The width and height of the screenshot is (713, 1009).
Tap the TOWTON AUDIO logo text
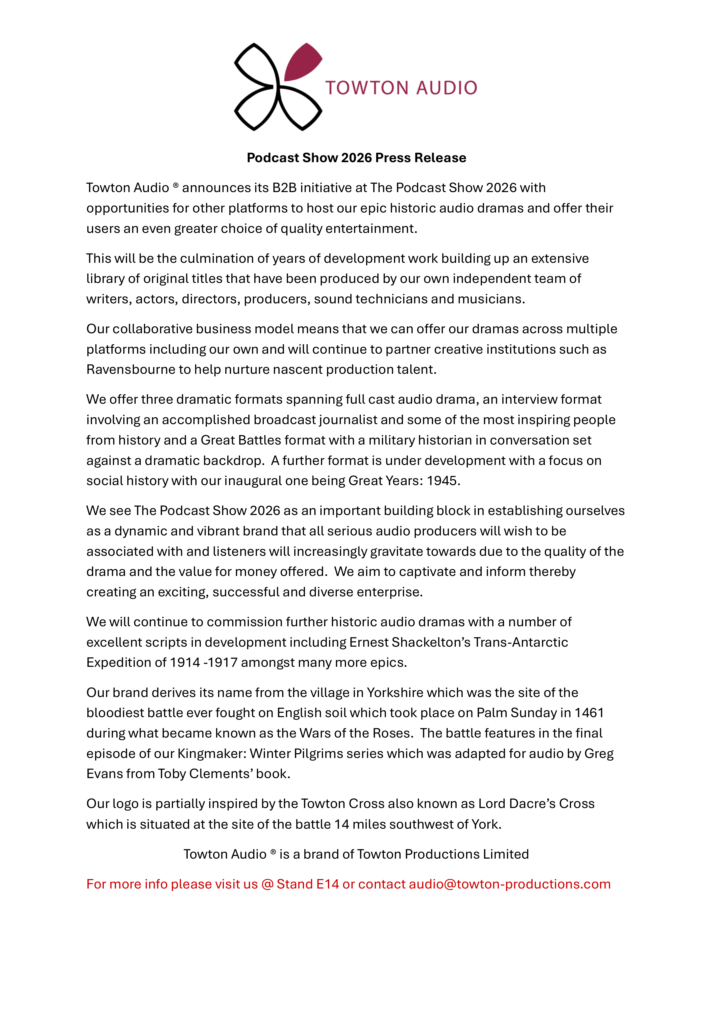click(401, 88)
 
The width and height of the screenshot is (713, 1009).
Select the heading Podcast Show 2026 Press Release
click(356, 158)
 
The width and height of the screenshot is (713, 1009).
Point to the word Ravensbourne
click(130, 369)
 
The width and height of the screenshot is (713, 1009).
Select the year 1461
click(589, 713)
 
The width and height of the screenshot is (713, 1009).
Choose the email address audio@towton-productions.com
click(510, 884)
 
